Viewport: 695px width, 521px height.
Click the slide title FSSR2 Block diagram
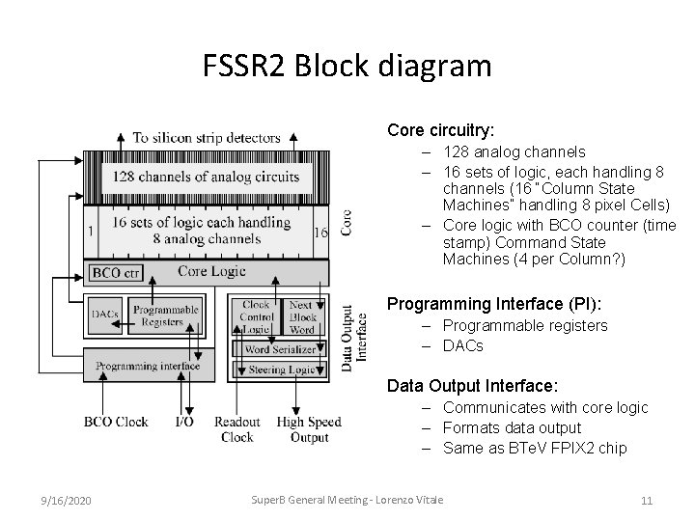(347, 67)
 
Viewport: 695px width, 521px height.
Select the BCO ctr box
(116, 273)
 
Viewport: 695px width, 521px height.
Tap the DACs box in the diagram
(104, 314)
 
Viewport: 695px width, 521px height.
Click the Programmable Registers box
(166, 316)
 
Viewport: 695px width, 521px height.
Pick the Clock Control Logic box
(256, 316)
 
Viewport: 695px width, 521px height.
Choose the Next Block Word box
(302, 316)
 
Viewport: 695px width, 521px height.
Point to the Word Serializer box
(280, 348)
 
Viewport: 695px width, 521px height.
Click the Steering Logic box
(280, 369)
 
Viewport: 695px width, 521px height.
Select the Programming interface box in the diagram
(148, 366)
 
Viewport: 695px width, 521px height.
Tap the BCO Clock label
(116, 422)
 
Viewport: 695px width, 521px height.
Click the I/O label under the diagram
(184, 422)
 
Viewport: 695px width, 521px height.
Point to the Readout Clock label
(236, 428)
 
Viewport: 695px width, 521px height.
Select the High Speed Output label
(309, 428)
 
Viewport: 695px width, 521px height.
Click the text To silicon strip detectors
(207, 138)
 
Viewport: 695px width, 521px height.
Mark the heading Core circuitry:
(440, 128)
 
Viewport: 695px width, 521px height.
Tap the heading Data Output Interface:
(471, 385)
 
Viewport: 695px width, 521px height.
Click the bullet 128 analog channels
(514, 151)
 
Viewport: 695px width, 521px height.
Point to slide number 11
(647, 501)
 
